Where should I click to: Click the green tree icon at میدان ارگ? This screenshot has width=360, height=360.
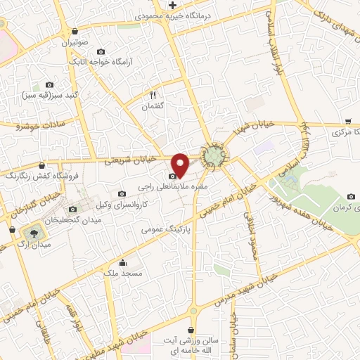[x=32, y=231]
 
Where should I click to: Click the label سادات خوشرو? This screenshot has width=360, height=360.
[x=40, y=125]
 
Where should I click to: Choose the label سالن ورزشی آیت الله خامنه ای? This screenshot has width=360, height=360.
[x=192, y=345]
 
